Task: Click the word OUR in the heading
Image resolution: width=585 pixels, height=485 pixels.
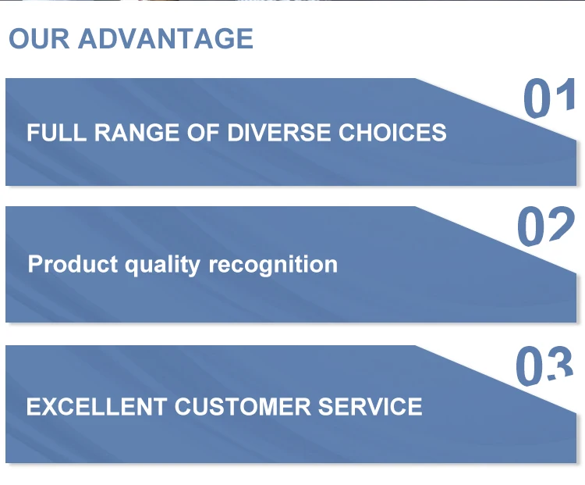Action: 39,38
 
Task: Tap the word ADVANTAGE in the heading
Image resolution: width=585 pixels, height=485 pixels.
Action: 165,38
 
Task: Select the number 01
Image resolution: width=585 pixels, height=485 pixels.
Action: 549,98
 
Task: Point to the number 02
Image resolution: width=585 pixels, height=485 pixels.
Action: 546,226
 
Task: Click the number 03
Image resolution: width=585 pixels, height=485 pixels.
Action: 544,366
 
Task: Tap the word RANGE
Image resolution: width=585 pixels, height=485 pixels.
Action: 136,132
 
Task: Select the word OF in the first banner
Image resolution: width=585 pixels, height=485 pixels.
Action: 203,132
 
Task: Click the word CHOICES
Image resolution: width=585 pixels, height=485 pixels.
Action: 392,132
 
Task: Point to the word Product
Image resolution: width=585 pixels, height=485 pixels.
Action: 73,264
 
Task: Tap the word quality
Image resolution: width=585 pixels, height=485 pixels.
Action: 163,266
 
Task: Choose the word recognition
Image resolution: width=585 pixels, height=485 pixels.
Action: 273,266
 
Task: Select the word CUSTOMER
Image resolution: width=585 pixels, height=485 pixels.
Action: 243,407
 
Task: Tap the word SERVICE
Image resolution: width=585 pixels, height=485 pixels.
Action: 370,407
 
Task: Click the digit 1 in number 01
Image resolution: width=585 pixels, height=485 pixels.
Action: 565,95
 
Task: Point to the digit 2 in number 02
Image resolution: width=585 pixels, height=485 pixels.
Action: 561,224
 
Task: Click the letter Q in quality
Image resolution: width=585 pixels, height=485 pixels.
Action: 132,267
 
